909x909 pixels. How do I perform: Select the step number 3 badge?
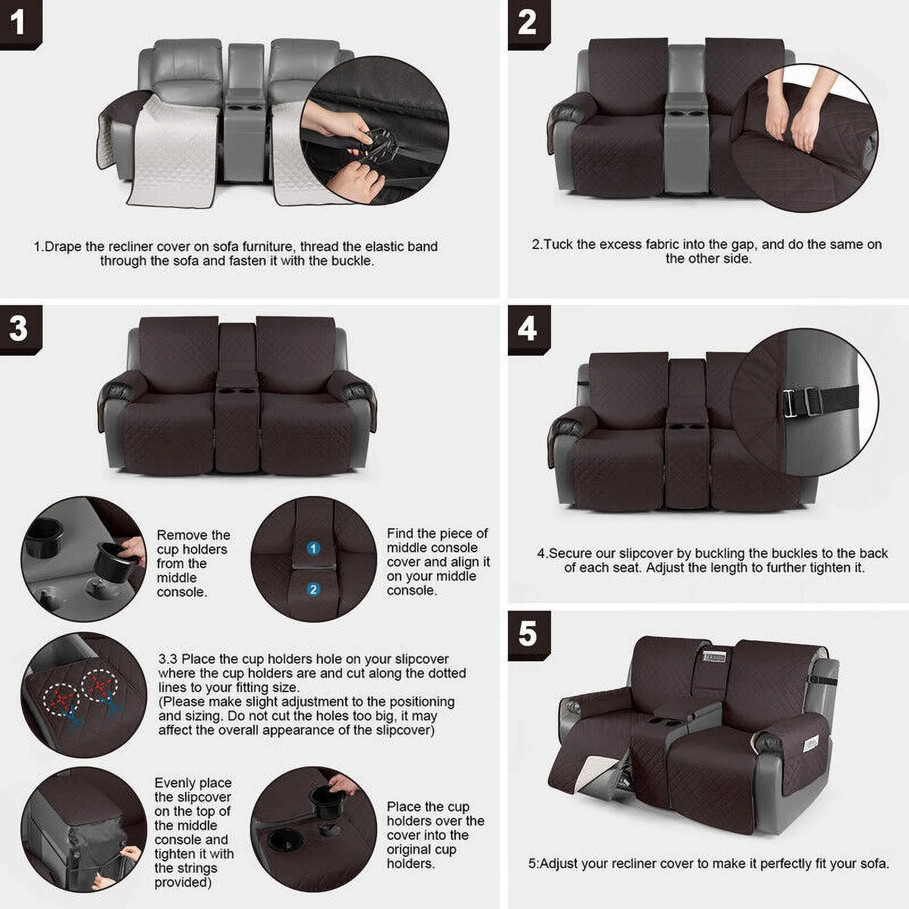(x=19, y=329)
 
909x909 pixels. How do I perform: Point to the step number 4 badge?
(x=528, y=329)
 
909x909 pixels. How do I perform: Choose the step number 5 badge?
(x=528, y=634)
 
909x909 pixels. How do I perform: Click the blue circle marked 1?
(x=313, y=548)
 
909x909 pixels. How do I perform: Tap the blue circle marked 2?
(x=313, y=590)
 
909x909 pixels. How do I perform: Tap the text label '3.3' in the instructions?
(x=168, y=659)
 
